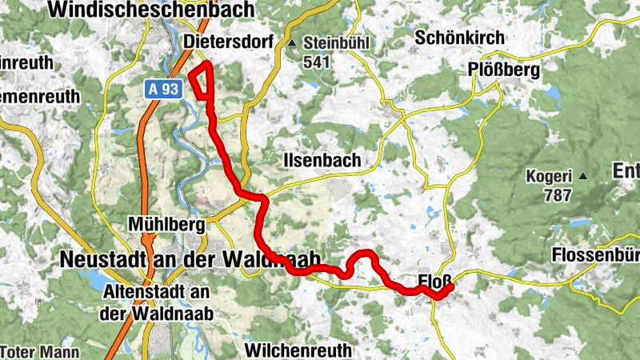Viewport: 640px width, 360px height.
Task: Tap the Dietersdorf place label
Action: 228,42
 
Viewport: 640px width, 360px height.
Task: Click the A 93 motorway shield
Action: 163,90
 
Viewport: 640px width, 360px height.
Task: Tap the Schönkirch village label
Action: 460,38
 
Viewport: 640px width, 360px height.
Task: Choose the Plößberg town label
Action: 504,70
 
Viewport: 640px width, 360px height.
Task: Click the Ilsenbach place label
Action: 322,161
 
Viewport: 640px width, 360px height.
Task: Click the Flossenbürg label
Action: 596,256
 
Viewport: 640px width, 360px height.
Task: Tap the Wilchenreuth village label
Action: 298,350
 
